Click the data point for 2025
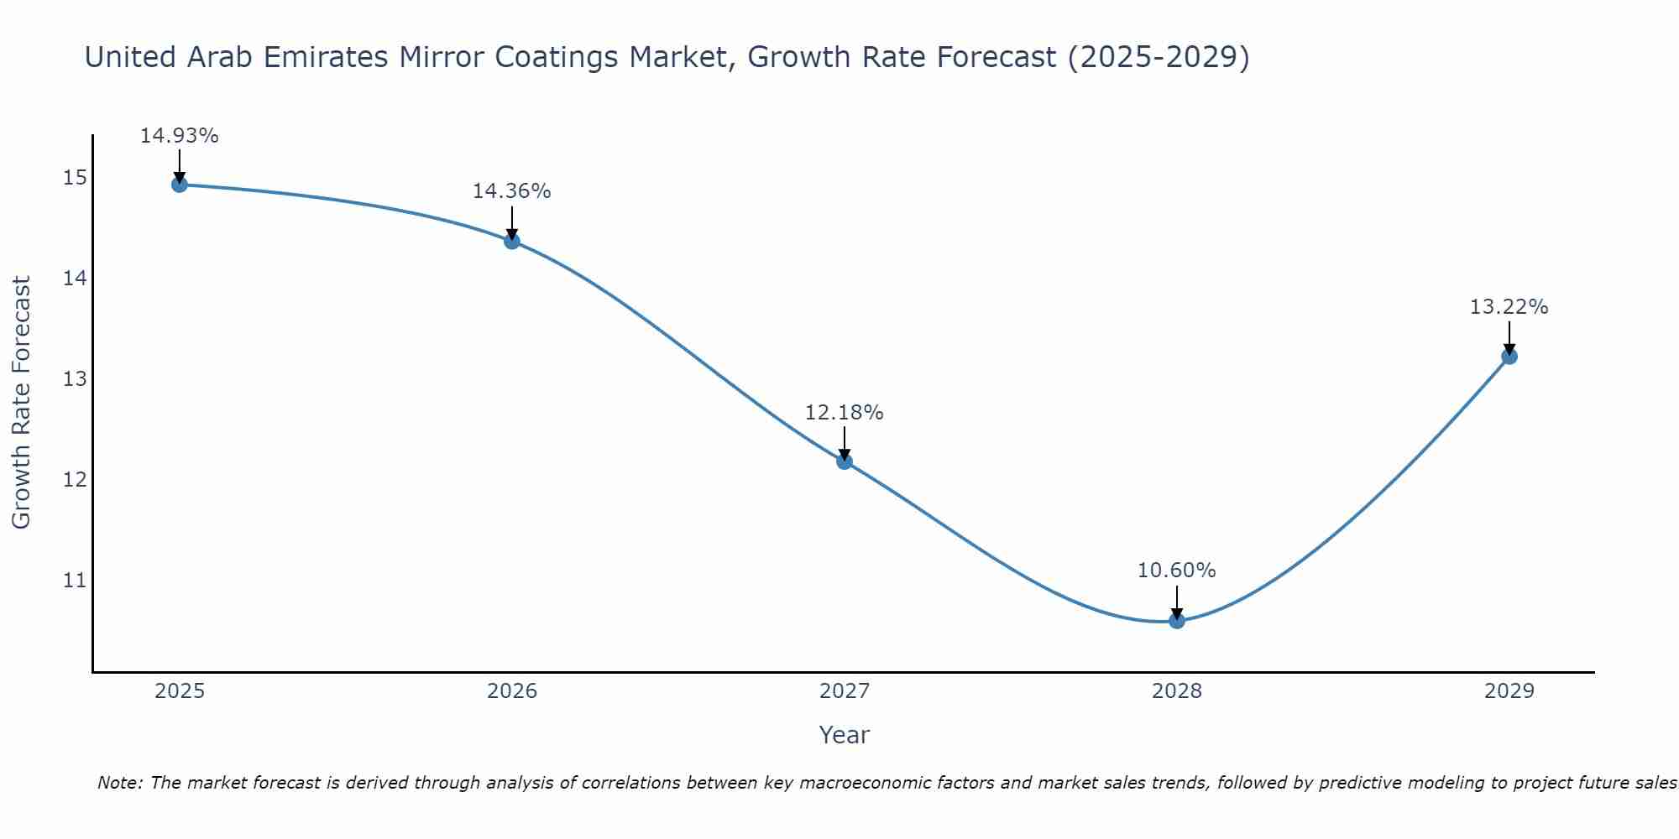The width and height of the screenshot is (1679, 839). (179, 184)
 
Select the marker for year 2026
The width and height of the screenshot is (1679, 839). (512, 241)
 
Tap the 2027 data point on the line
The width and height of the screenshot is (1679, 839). (845, 461)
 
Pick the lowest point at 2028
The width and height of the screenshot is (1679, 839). (1177, 620)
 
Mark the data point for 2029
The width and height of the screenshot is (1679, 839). (1509, 356)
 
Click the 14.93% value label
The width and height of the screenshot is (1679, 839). (179, 136)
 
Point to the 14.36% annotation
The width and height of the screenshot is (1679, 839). (511, 191)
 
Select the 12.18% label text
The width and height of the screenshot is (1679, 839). (844, 413)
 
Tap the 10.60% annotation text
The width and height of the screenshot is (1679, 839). (1176, 571)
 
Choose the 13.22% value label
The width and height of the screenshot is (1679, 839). (1509, 307)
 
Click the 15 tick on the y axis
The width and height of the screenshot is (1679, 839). (75, 177)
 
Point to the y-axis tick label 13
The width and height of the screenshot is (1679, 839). (75, 379)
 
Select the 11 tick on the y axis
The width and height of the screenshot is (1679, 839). (75, 581)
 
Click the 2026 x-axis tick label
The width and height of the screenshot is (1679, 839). (512, 691)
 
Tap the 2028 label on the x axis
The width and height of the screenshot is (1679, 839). (1177, 691)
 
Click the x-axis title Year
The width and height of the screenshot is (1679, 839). (844, 735)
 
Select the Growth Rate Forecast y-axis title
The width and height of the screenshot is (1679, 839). (21, 403)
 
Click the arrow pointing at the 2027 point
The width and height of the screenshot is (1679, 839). (845, 442)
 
